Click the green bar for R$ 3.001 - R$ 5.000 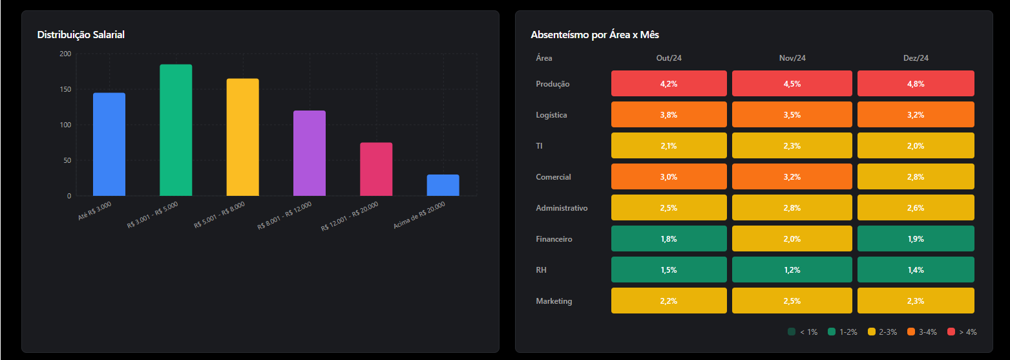(x=176, y=130)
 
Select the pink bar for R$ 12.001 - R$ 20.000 (x=376, y=169)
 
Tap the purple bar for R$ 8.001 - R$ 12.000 (x=310, y=153)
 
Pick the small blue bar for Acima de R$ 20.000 (x=443, y=185)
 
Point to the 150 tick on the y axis (x=65, y=89)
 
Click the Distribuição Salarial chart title (x=81, y=35)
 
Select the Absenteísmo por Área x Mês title (x=594, y=35)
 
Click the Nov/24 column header (x=792, y=58)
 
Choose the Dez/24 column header (x=916, y=58)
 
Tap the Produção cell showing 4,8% (x=916, y=84)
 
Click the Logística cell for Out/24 (x=669, y=115)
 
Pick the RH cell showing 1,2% (x=792, y=270)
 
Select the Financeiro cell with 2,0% (x=792, y=239)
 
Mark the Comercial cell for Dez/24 (x=916, y=177)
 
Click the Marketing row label (x=554, y=301)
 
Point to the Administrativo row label (x=562, y=208)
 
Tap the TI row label (x=540, y=146)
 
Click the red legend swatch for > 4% (x=951, y=332)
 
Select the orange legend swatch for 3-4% (x=911, y=332)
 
